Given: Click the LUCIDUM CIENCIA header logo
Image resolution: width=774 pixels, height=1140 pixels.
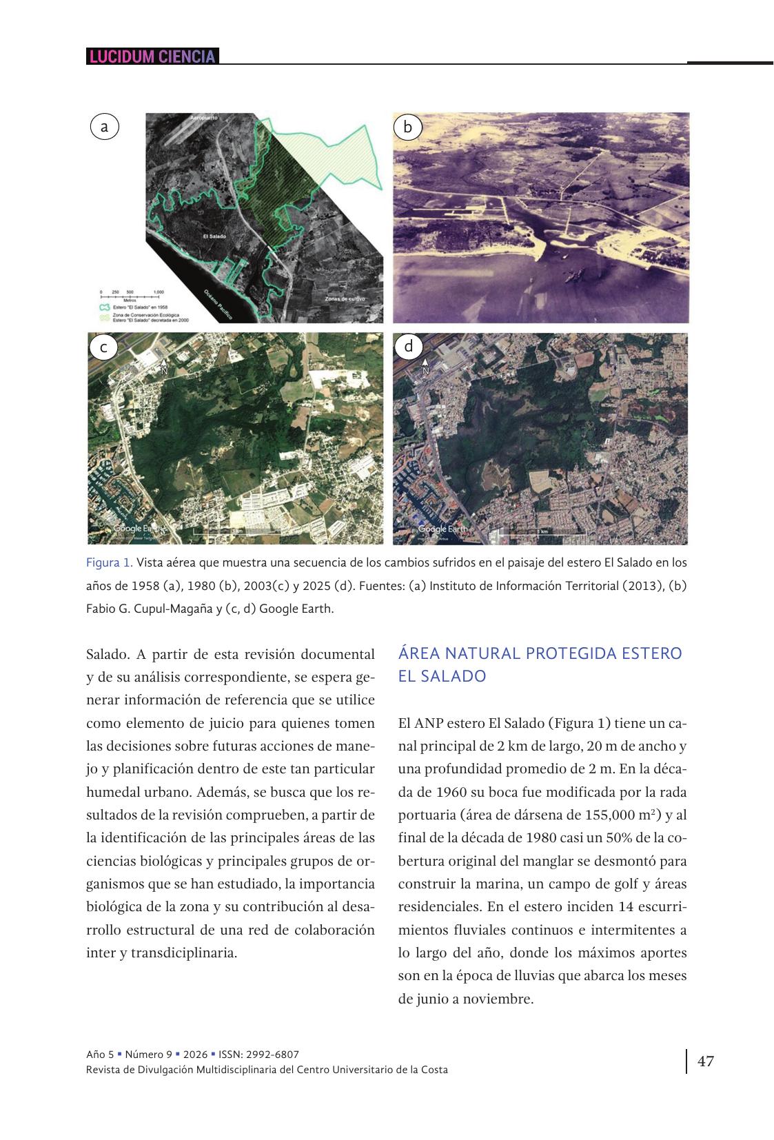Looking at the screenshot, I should [152, 57].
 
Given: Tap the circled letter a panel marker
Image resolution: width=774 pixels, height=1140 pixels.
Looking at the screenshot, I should [104, 127].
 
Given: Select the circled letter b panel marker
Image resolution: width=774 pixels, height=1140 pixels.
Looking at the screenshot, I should [407, 127].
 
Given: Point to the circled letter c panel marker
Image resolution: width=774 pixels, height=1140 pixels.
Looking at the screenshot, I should [103, 347].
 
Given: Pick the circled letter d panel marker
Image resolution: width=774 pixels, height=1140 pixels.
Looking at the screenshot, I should [409, 346].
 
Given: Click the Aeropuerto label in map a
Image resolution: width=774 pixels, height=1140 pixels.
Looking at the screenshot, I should [204, 119].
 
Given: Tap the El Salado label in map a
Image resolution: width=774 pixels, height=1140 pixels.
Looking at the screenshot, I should [214, 236].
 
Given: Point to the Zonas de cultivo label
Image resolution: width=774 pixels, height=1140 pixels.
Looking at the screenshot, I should [345, 299].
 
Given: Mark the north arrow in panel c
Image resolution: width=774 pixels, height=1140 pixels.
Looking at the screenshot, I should [164, 366].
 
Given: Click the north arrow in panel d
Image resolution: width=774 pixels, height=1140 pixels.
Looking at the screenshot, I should [425, 365].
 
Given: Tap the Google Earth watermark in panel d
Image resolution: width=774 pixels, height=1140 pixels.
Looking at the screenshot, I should [443, 529].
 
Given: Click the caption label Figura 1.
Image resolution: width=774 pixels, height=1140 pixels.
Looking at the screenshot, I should [109, 562].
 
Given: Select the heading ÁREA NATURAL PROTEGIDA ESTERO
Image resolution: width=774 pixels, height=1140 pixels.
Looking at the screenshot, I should [540, 653].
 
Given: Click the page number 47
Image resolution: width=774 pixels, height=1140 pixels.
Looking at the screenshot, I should [706, 1061].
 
